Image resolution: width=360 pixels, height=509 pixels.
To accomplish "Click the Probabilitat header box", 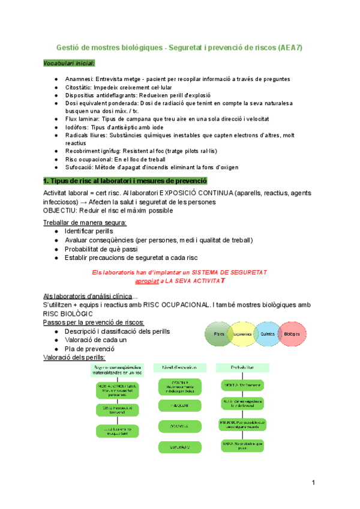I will pyautogui.click(x=242, y=367).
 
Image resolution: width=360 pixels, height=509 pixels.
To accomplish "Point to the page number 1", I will pyautogui.click(x=313, y=483).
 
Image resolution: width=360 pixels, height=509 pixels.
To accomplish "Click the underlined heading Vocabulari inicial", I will pyautogui.click(x=69, y=63).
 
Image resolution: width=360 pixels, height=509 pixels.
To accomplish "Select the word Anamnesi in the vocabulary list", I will pyautogui.click(x=79, y=79).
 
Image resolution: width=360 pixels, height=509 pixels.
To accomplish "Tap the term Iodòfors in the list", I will pyautogui.click(x=78, y=127).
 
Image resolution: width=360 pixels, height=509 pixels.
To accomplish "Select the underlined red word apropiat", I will pyautogui.click(x=147, y=280).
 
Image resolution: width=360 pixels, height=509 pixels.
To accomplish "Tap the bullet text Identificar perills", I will pyautogui.click(x=89, y=231).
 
